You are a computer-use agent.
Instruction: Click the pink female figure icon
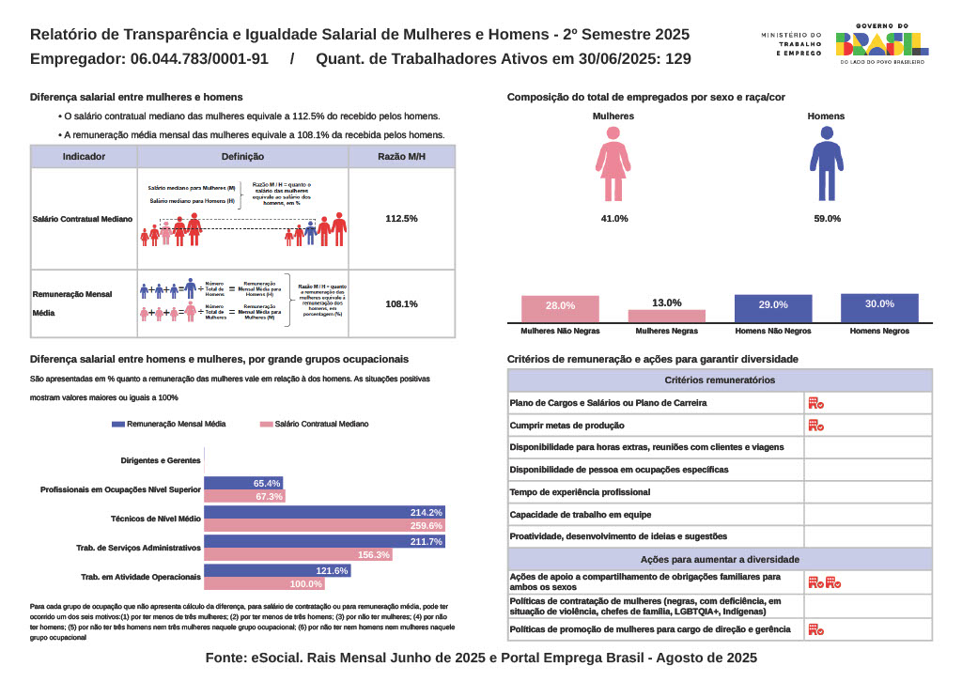(613, 164)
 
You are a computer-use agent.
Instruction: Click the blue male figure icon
(827, 164)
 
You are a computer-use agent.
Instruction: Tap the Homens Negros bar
(879, 309)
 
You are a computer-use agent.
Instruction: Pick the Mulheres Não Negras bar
(560, 310)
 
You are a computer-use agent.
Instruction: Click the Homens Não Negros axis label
(772, 332)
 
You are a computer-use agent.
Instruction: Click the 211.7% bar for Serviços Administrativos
(324, 542)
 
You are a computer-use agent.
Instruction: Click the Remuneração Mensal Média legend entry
(169, 425)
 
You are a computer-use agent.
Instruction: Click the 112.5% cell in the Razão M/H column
(401, 219)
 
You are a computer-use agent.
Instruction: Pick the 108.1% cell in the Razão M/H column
(401, 304)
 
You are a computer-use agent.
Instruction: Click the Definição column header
(242, 157)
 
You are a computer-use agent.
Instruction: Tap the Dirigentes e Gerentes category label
(161, 460)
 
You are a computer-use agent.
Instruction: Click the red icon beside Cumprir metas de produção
(815, 426)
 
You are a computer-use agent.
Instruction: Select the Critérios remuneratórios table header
(720, 380)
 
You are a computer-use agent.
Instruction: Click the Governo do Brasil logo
(881, 43)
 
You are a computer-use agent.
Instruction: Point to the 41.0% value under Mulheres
(613, 219)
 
